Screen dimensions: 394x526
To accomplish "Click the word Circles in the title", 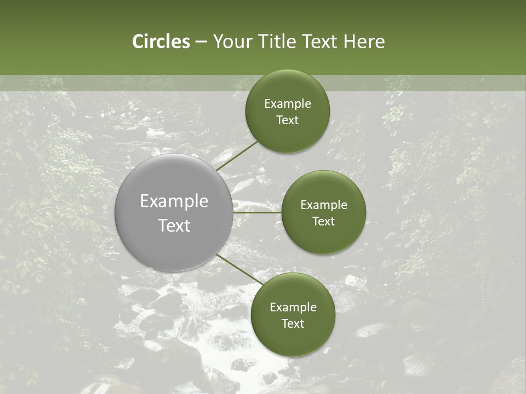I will coord(161,42).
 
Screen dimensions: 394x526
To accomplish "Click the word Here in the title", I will coord(364,42).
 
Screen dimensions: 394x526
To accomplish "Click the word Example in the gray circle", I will coord(174,201).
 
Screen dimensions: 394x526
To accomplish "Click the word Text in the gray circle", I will coord(174,225).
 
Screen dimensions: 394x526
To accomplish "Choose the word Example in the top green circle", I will coord(287,104).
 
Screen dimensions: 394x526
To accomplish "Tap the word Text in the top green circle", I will coord(287,120).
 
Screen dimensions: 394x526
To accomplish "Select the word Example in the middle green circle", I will coord(323,205).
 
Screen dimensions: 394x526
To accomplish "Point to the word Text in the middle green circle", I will coord(323,222).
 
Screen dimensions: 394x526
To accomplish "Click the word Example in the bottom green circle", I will coord(293,308).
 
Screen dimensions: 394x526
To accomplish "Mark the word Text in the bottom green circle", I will coord(293,324).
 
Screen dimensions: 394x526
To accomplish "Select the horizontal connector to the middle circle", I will coord(258,212).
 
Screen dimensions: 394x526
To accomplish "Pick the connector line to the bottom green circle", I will coord(240,269).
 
